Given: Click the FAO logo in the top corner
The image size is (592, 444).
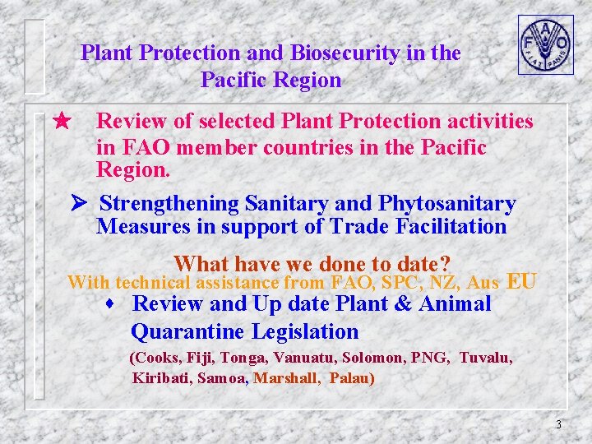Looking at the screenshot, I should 545,44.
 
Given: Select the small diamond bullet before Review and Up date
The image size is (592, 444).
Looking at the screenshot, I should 109,304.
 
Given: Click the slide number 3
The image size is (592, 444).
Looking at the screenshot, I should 558,425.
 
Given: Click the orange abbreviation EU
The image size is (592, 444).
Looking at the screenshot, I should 522,282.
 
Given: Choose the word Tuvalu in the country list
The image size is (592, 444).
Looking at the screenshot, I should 485,358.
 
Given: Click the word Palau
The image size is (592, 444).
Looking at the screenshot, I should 351,379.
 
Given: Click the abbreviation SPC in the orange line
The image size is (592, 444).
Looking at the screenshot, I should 400,283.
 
